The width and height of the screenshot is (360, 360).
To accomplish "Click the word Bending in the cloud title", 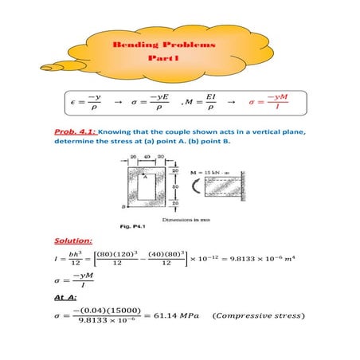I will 138,46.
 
